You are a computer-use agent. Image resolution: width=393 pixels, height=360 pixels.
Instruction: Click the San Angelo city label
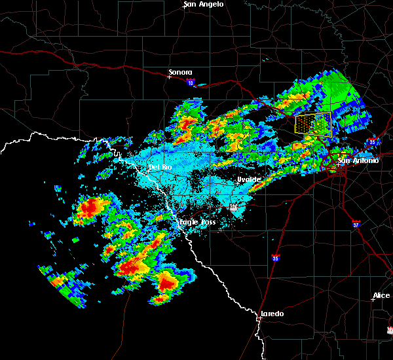204,4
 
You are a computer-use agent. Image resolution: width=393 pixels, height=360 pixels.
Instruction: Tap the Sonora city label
180,72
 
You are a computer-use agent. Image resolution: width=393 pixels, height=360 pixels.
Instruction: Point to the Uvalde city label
249,179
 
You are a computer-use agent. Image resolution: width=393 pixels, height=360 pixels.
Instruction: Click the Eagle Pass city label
198,223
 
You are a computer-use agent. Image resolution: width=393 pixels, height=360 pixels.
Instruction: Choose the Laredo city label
272,314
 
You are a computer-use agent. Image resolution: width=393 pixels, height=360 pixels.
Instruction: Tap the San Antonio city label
358,160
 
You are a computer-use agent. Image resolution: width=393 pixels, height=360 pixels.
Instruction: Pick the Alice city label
381,295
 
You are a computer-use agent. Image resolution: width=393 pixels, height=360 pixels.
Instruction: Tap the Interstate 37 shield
355,223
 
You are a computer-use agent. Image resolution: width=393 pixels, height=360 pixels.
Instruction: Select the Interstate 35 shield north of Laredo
276,258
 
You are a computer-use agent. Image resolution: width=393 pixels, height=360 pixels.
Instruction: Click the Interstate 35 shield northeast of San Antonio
372,141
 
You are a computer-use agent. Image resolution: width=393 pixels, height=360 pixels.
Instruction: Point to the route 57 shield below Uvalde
234,207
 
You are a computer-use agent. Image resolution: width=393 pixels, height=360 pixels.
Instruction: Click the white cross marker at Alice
373,300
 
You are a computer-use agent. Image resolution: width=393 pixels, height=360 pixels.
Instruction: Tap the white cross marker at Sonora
169,77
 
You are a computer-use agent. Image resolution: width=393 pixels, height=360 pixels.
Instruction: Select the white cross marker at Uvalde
237,183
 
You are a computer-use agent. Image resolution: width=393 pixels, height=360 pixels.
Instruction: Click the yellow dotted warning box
313,124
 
